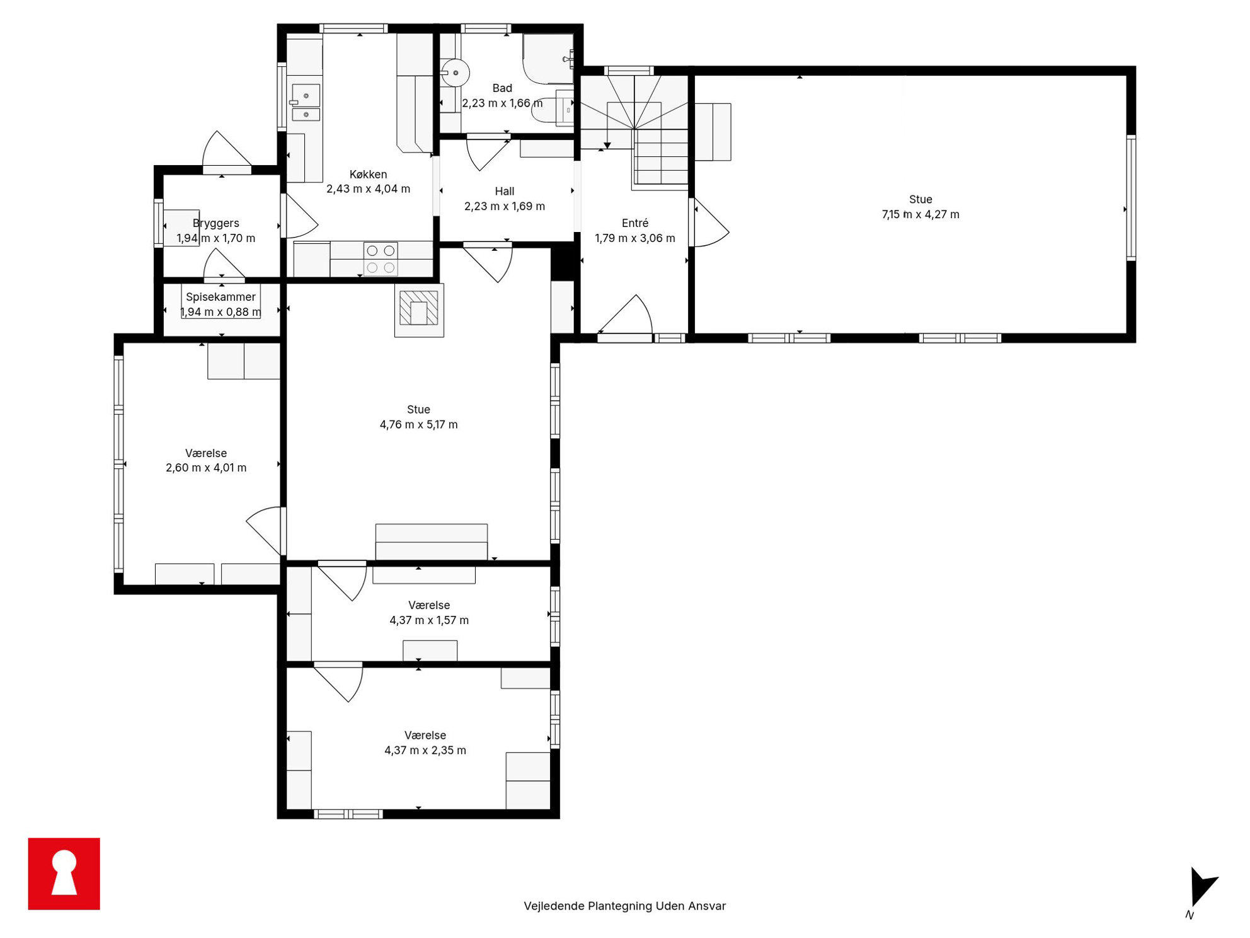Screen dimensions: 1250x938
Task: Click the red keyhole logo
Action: click(x=64, y=874)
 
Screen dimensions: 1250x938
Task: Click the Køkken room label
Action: click(x=368, y=175)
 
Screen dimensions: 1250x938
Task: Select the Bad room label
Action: click(x=502, y=88)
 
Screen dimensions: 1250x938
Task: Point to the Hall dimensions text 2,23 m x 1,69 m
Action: click(x=505, y=206)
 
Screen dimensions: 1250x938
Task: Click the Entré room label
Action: click(x=634, y=223)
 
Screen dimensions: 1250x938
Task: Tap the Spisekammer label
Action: click(x=221, y=297)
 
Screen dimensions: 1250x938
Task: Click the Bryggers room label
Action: click(x=215, y=223)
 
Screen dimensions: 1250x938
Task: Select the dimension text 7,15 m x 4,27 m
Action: click(x=920, y=214)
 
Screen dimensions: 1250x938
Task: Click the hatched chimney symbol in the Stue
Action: click(x=419, y=310)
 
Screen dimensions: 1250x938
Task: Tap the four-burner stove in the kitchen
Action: click(x=381, y=259)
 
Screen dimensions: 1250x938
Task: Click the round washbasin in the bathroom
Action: click(x=455, y=73)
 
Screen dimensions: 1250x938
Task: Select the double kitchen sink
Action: click(x=306, y=102)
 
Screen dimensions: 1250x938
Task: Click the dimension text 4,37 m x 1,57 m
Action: click(x=429, y=620)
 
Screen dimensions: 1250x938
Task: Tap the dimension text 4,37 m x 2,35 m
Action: click(x=425, y=750)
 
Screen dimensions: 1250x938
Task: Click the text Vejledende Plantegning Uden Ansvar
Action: click(x=624, y=906)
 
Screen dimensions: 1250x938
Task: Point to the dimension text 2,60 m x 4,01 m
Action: click(x=206, y=468)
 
